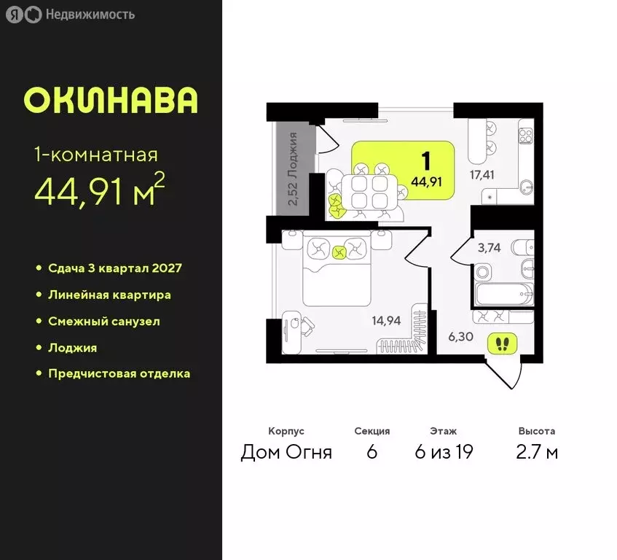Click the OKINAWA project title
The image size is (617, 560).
coord(110,101)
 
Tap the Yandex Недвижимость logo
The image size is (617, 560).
coord(71,15)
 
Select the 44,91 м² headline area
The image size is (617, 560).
coord(99,191)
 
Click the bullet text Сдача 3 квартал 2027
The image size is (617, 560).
coord(114,268)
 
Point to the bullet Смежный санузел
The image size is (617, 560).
coord(103,321)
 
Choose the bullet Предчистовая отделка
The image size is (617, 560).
coord(119,373)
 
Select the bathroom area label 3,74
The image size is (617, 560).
coord(490,248)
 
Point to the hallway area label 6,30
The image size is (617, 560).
coord(461,337)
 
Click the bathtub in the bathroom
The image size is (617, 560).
coord(503,295)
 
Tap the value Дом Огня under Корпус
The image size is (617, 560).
coord(286,453)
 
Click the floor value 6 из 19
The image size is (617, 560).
coord(444,453)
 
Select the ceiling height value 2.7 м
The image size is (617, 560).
coord(537,453)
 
